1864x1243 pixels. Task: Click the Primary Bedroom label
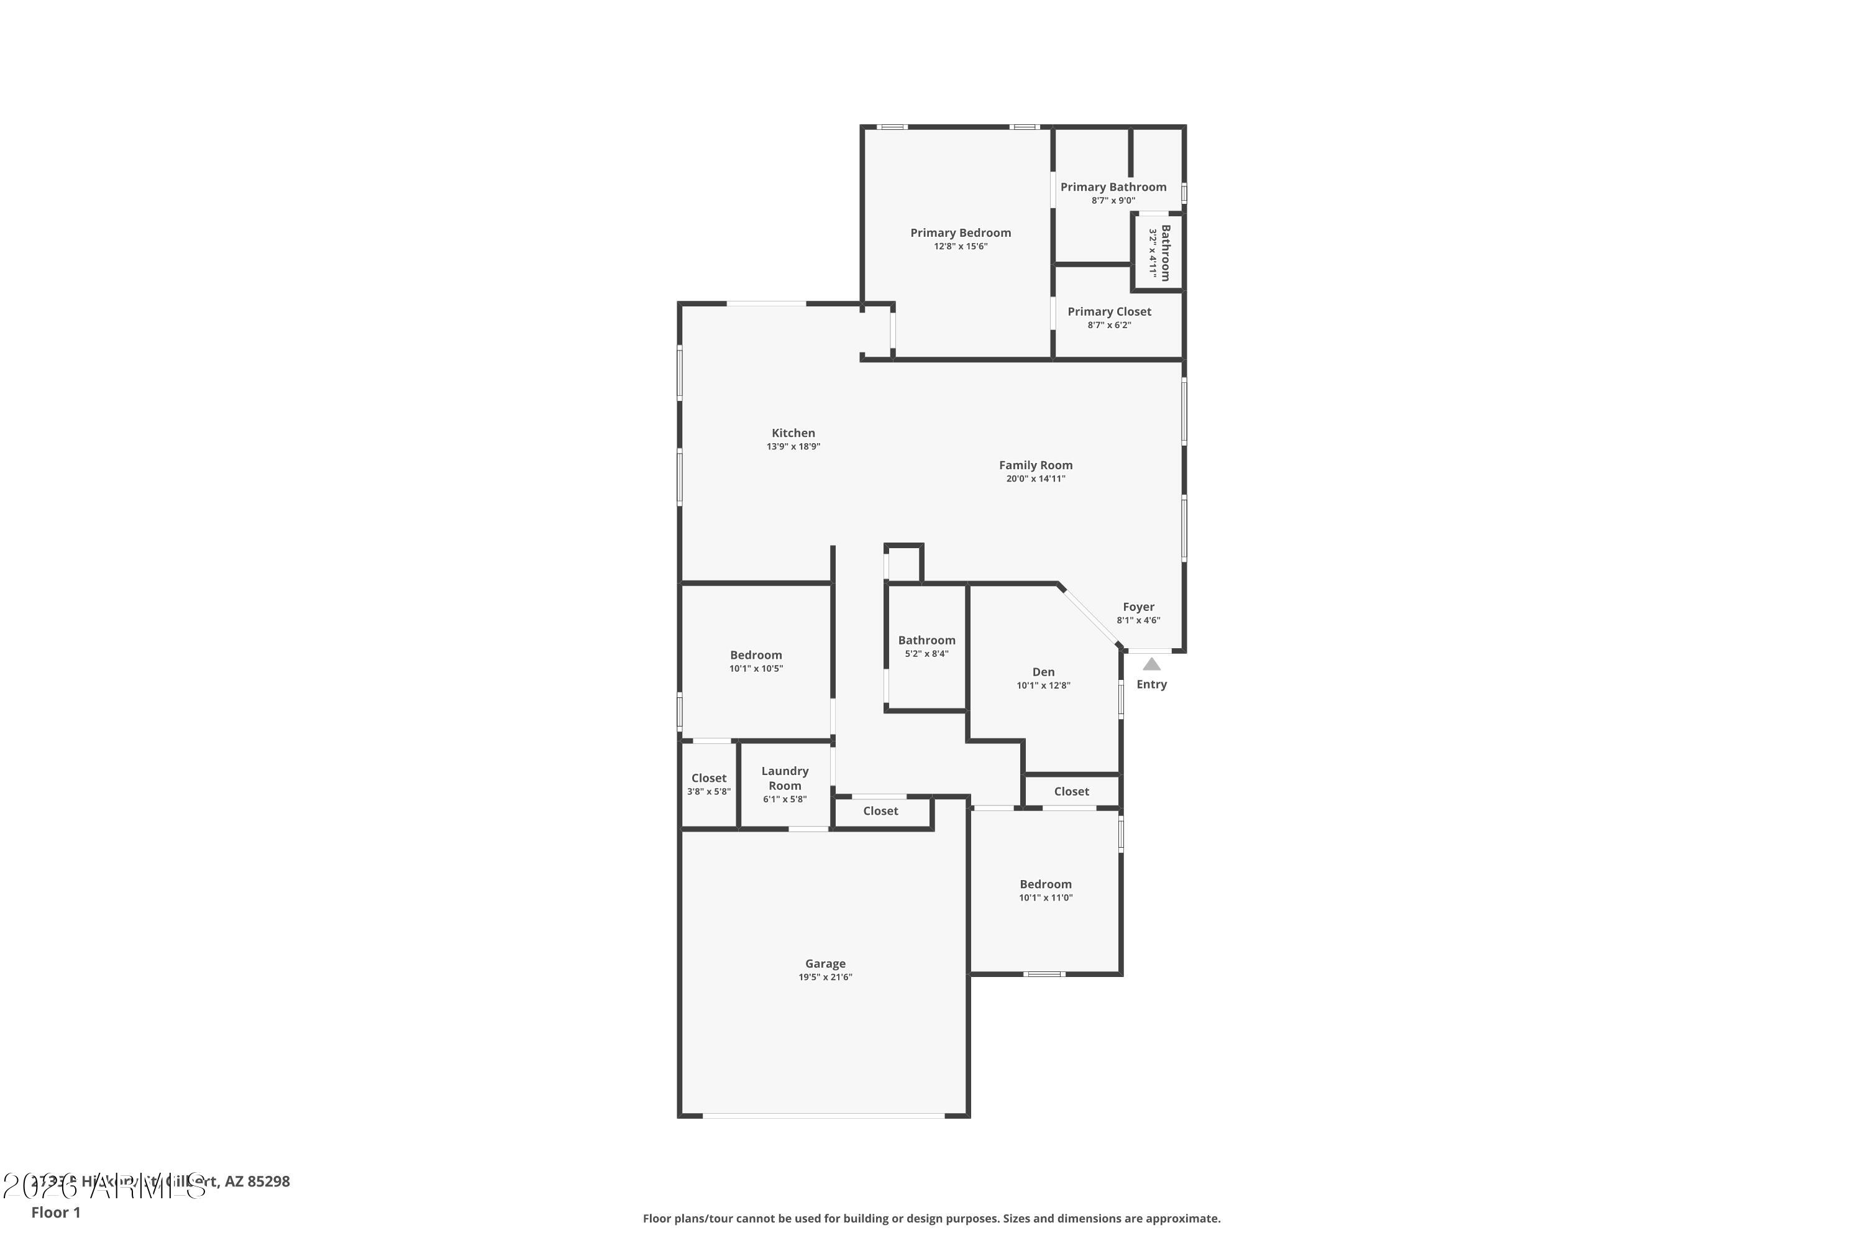point(960,232)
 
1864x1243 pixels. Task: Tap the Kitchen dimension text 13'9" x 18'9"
point(793,447)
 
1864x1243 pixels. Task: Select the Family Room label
point(1035,466)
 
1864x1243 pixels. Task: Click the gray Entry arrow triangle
point(1151,664)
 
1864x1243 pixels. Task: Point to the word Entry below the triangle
point(1151,684)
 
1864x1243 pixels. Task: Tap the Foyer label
point(1138,607)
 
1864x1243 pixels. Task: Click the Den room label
point(1043,672)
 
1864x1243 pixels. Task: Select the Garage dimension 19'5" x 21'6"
point(825,978)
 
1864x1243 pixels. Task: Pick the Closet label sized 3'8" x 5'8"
point(708,779)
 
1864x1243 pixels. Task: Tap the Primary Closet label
point(1108,311)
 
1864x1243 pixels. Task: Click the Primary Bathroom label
point(1113,187)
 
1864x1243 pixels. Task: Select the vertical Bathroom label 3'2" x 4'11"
point(1165,253)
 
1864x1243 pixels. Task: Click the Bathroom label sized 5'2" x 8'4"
point(926,641)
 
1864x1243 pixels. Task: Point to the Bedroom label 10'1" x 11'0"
point(1045,884)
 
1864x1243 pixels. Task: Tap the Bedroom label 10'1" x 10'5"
point(756,655)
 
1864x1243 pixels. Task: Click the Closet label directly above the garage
point(880,811)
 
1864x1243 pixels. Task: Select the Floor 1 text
point(55,1212)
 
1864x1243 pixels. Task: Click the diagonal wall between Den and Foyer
point(1090,616)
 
